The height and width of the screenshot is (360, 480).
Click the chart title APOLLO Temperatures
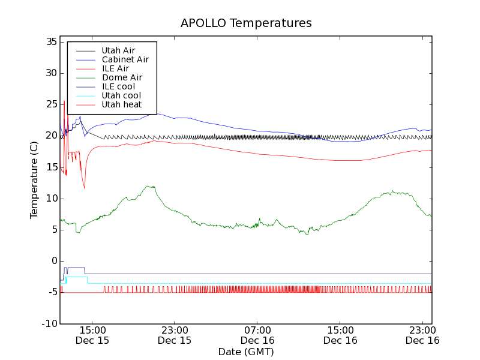coord(246,23)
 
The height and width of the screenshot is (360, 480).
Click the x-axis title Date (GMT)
coord(246,352)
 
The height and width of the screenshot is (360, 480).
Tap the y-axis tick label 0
coord(53,261)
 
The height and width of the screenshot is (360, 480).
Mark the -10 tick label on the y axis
coord(48,323)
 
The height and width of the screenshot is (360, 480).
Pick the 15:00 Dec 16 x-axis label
coord(340,335)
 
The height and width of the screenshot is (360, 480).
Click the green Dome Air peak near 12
coord(150,186)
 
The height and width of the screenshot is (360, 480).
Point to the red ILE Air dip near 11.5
coord(85,188)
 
